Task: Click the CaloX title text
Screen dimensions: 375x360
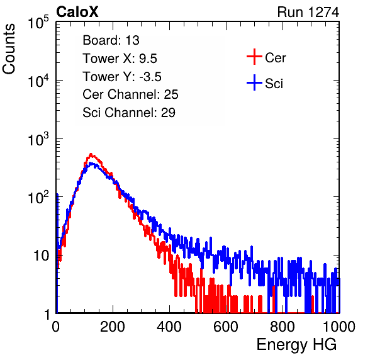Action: pyautogui.click(x=77, y=12)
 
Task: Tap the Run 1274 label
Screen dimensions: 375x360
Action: pyautogui.click(x=308, y=12)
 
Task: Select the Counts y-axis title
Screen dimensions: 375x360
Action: pyautogui.click(x=9, y=49)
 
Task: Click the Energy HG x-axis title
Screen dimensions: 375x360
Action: pyautogui.click(x=296, y=345)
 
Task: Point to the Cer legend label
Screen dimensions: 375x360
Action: pyautogui.click(x=275, y=58)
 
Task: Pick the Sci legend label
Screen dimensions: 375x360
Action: pyautogui.click(x=274, y=84)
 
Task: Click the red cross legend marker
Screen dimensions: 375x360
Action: pyautogui.click(x=254, y=57)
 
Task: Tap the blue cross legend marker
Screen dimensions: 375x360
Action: pyautogui.click(x=254, y=83)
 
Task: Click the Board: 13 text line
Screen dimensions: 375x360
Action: pyautogui.click(x=111, y=40)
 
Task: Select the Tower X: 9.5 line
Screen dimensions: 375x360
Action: pyautogui.click(x=120, y=59)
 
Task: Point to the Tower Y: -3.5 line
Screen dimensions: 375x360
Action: pyautogui.click(x=122, y=77)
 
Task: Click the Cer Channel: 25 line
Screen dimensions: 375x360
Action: pyautogui.click(x=130, y=94)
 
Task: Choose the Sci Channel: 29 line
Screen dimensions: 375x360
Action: pyautogui.click(x=129, y=113)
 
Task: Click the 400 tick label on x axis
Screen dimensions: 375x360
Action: pyautogui.click(x=169, y=327)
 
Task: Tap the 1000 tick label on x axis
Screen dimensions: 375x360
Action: pyautogui.click(x=339, y=327)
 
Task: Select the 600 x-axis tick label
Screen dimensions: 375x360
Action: pyautogui.click(x=226, y=327)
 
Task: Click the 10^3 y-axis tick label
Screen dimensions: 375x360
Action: pyautogui.click(x=38, y=139)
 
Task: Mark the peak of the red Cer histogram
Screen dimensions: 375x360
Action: pyautogui.click(x=91, y=154)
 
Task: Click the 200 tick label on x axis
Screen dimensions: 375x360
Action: pyautogui.click(x=113, y=327)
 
